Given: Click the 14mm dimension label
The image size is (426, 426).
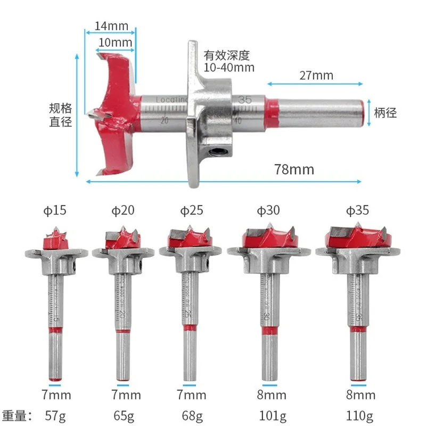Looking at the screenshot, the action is pyautogui.click(x=111, y=26).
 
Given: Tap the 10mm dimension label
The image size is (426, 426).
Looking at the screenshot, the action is pyautogui.click(x=115, y=43).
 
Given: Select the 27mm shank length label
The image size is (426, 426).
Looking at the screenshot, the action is pyautogui.click(x=316, y=75).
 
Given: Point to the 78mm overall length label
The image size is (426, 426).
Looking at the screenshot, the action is pyautogui.click(x=294, y=169).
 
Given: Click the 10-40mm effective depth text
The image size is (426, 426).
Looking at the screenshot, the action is pyautogui.click(x=229, y=68).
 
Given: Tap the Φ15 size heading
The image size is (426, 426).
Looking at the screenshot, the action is pyautogui.click(x=55, y=210).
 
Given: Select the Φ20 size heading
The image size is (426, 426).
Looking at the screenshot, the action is pyautogui.click(x=123, y=210).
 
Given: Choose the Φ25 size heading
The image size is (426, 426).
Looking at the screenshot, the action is pyautogui.click(x=192, y=210).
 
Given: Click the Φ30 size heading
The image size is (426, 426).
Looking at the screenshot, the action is pyautogui.click(x=268, y=210).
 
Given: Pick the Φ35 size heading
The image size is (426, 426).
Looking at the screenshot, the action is pyautogui.click(x=357, y=210).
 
